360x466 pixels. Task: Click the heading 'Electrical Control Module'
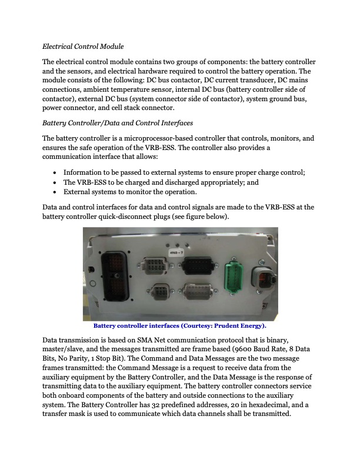[x=82, y=46]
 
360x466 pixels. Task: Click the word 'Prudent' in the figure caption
[x=228, y=325]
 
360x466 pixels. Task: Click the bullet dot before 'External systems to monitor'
[x=54, y=192]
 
